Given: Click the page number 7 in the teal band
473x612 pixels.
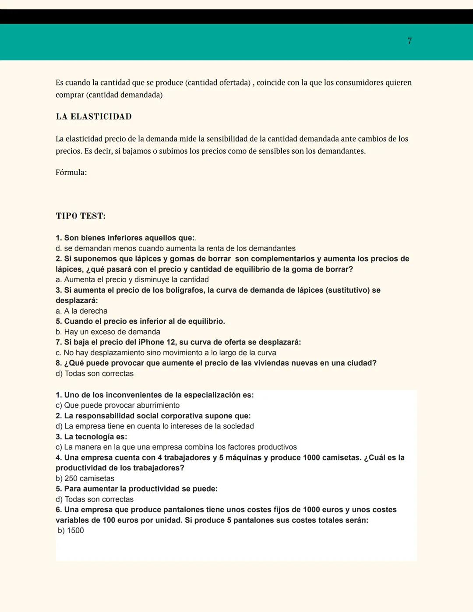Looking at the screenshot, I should [409, 41].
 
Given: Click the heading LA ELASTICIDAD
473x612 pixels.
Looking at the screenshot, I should [94, 117].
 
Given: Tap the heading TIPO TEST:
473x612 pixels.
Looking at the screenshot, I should [81, 216].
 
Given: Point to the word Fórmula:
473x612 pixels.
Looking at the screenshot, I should [71, 173].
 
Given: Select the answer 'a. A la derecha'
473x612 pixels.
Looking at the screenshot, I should [81, 311].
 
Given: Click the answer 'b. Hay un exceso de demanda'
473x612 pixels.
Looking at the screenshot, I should [108, 332].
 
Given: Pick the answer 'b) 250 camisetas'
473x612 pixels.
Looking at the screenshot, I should [85, 479].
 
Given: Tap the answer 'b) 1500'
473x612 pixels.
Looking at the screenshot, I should [71, 531].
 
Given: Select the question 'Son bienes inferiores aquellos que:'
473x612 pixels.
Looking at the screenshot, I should [125, 238].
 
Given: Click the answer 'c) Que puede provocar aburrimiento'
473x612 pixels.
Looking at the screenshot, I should [117, 406].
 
